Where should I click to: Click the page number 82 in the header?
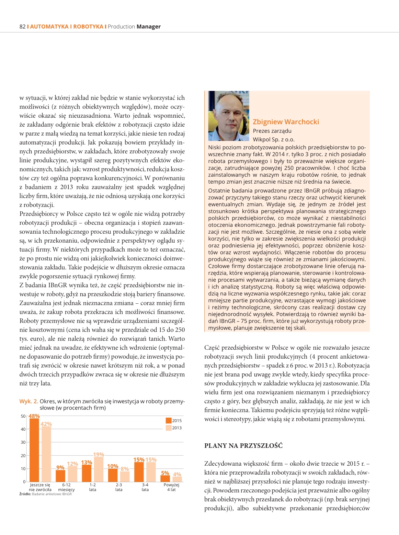coord(22,27)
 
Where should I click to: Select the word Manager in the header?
coord(148,27)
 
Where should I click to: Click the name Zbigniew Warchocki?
coord(286,122)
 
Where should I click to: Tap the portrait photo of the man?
coord(229,116)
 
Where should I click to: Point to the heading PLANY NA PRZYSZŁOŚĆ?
coord(243,446)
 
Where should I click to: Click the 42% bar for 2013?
coord(46,454)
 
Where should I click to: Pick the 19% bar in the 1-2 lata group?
coord(99,469)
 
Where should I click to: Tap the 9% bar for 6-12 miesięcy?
coord(60,476)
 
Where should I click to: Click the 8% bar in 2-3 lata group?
coord(125,476)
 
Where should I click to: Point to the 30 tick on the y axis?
coord(23,442)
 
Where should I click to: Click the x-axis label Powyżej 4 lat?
coord(171,487)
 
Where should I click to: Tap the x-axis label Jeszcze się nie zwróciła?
coord(40,487)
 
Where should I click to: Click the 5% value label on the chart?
coord(165,473)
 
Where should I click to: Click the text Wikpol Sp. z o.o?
coord(274,139)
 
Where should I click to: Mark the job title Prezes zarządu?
coord(272,131)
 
